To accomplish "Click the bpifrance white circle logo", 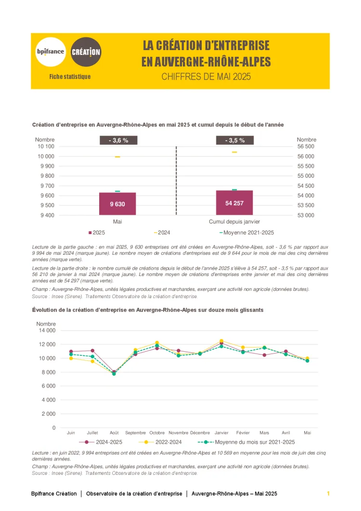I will pos(51,52).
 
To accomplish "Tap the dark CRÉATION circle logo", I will pos(86,52).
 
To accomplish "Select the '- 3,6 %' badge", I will pos(118,140).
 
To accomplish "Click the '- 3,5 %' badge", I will pos(234,140).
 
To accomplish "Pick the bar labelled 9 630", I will pos(117,204).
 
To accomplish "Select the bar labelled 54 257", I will pos(234,203).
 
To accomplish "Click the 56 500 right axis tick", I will pos(306,146).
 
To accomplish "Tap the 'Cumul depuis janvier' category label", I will pos(234,222).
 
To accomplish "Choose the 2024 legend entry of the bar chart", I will pos(162,233).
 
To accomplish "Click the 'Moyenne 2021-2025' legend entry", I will pos(246,233).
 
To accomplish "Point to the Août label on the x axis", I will pos(114,433).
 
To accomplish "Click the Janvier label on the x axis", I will pos(221,433).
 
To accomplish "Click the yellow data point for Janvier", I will pos(221,341).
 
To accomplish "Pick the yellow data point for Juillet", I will pos(92,361).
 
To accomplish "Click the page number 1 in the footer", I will pos(328,494).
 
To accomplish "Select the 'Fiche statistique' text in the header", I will pos(70,77).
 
